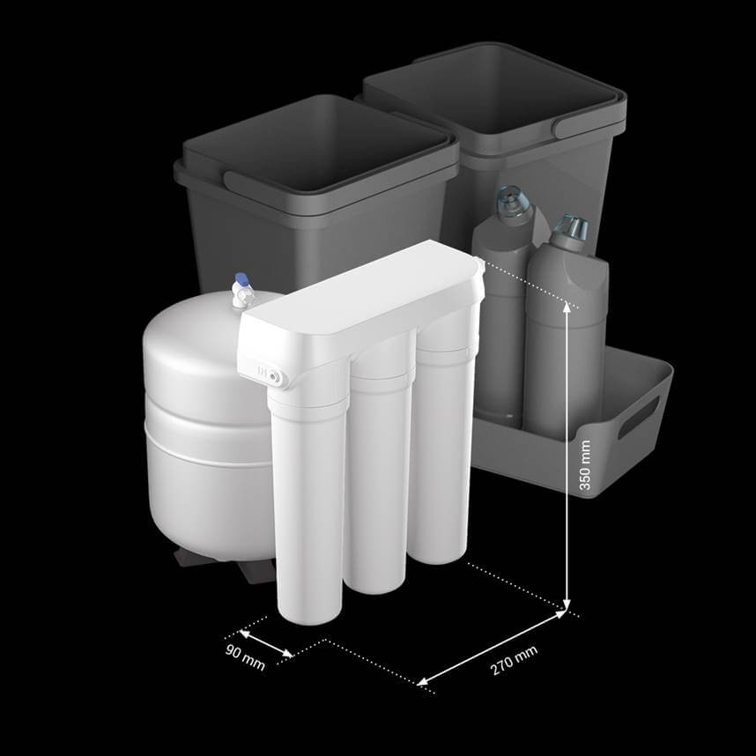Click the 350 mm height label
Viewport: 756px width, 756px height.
coord(584,464)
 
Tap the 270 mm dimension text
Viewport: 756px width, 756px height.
coord(514,661)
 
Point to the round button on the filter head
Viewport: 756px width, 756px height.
coord(275,375)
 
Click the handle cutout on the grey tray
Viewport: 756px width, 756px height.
coord(638,417)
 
